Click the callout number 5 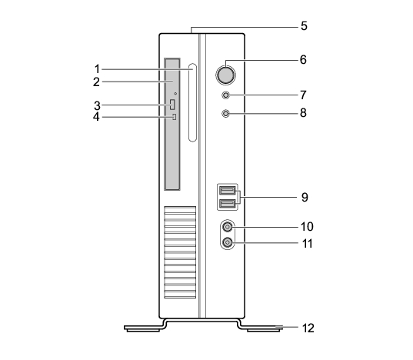(304, 26)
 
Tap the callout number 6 (303, 60)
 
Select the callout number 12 (308, 328)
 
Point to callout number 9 (305, 197)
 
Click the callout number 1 (97, 69)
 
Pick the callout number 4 (96, 117)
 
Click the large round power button (225, 75)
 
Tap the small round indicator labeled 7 (226, 95)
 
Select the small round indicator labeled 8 (226, 114)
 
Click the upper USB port (227, 190)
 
